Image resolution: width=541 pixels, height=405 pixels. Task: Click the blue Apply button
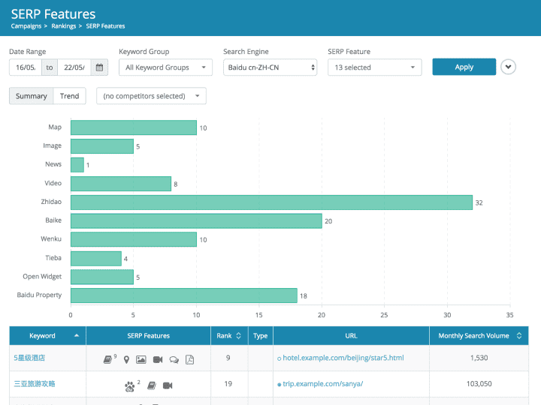pyautogui.click(x=464, y=67)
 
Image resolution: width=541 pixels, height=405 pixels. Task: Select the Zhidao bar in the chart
pyautogui.click(x=271, y=202)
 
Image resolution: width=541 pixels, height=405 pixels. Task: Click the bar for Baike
pyautogui.click(x=196, y=220)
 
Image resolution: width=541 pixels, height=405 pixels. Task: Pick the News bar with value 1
pyautogui.click(x=77, y=165)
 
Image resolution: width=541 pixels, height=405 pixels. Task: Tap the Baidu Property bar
pyautogui.click(x=183, y=295)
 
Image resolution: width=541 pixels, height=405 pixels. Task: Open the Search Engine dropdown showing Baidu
pyautogui.click(x=270, y=67)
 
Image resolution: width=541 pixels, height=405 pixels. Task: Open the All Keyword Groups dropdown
pyautogui.click(x=165, y=67)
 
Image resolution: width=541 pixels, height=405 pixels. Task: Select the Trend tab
pyautogui.click(x=70, y=96)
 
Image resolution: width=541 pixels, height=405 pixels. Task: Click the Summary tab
pyautogui.click(x=32, y=96)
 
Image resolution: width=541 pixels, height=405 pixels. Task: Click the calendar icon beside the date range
pyautogui.click(x=100, y=67)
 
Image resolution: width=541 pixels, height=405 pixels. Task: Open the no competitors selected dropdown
pyautogui.click(x=151, y=96)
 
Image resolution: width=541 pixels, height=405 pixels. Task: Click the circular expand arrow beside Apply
pyautogui.click(x=509, y=67)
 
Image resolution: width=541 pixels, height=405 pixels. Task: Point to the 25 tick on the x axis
pyautogui.click(x=384, y=315)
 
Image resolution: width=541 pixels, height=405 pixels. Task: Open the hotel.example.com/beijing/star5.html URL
pyautogui.click(x=343, y=358)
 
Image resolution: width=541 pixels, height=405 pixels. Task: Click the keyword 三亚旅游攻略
pyautogui.click(x=35, y=384)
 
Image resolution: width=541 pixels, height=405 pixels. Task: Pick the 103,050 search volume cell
pyautogui.click(x=478, y=384)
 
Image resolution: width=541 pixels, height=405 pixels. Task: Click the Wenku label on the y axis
pyautogui.click(x=51, y=239)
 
